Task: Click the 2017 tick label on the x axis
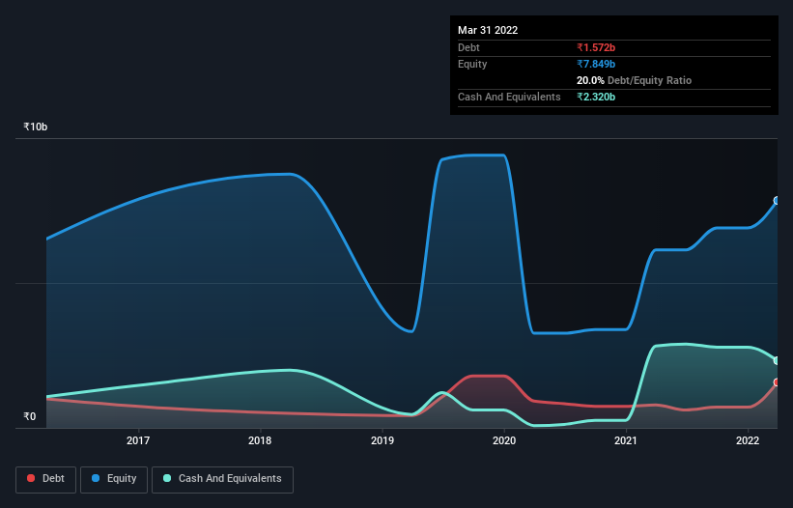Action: [138, 441]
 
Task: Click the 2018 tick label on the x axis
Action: [260, 441]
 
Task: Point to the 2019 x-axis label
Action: [382, 441]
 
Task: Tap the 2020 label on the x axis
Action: [504, 441]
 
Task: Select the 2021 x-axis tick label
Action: [626, 441]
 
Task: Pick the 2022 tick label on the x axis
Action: [748, 441]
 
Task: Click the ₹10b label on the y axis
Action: [36, 127]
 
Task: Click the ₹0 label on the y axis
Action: [29, 417]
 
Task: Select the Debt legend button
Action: [45, 479]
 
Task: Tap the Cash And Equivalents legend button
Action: [222, 479]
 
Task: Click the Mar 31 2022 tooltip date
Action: [488, 30]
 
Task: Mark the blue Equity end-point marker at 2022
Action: [777, 201]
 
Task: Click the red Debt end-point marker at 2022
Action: [777, 382]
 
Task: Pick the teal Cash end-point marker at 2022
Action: [777, 360]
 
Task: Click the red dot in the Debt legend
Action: [31, 479]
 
